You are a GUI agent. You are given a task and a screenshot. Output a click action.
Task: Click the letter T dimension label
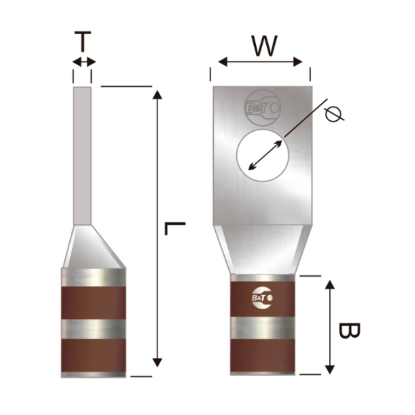[82, 42]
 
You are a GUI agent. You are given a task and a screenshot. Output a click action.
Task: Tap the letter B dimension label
[349, 330]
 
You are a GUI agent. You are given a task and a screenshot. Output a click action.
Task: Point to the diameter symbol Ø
[334, 113]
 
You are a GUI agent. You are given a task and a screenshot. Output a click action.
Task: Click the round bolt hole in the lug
[262, 156]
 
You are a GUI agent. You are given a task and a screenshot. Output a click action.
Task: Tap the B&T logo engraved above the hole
[262, 108]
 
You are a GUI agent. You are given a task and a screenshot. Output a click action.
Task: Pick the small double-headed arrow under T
[84, 62]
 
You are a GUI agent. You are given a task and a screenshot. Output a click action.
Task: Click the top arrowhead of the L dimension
[157, 94]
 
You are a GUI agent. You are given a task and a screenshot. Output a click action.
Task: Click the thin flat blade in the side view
[82, 156]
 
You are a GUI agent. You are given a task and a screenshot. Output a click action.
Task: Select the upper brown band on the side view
[93, 302]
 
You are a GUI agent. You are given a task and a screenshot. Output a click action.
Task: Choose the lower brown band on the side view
[93, 355]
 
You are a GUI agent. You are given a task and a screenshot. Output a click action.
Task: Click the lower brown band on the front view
[262, 355]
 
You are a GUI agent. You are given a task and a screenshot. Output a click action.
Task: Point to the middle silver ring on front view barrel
[262, 328]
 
